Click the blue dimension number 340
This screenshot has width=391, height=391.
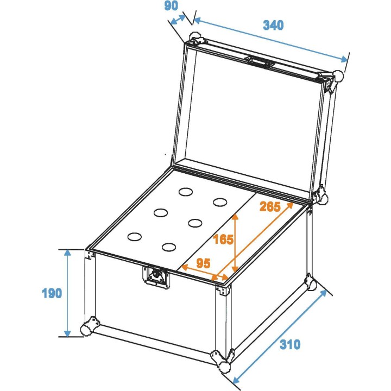[273, 25]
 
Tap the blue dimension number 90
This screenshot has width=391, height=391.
[171, 6]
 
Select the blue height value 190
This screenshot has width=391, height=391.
[52, 293]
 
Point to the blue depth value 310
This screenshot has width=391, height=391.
[290, 344]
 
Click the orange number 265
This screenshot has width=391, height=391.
[270, 206]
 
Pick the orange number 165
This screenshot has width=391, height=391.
[223, 239]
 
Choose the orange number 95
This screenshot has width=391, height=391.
[203, 263]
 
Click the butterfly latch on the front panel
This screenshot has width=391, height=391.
[156, 277]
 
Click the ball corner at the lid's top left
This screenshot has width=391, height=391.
[195, 37]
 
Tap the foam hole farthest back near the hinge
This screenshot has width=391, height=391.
[186, 192]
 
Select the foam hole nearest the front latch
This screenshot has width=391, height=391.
[169, 247]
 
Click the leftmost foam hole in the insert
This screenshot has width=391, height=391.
[135, 236]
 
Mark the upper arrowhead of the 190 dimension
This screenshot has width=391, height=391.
[67, 253]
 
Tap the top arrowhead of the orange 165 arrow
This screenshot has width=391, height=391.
[235, 217]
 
